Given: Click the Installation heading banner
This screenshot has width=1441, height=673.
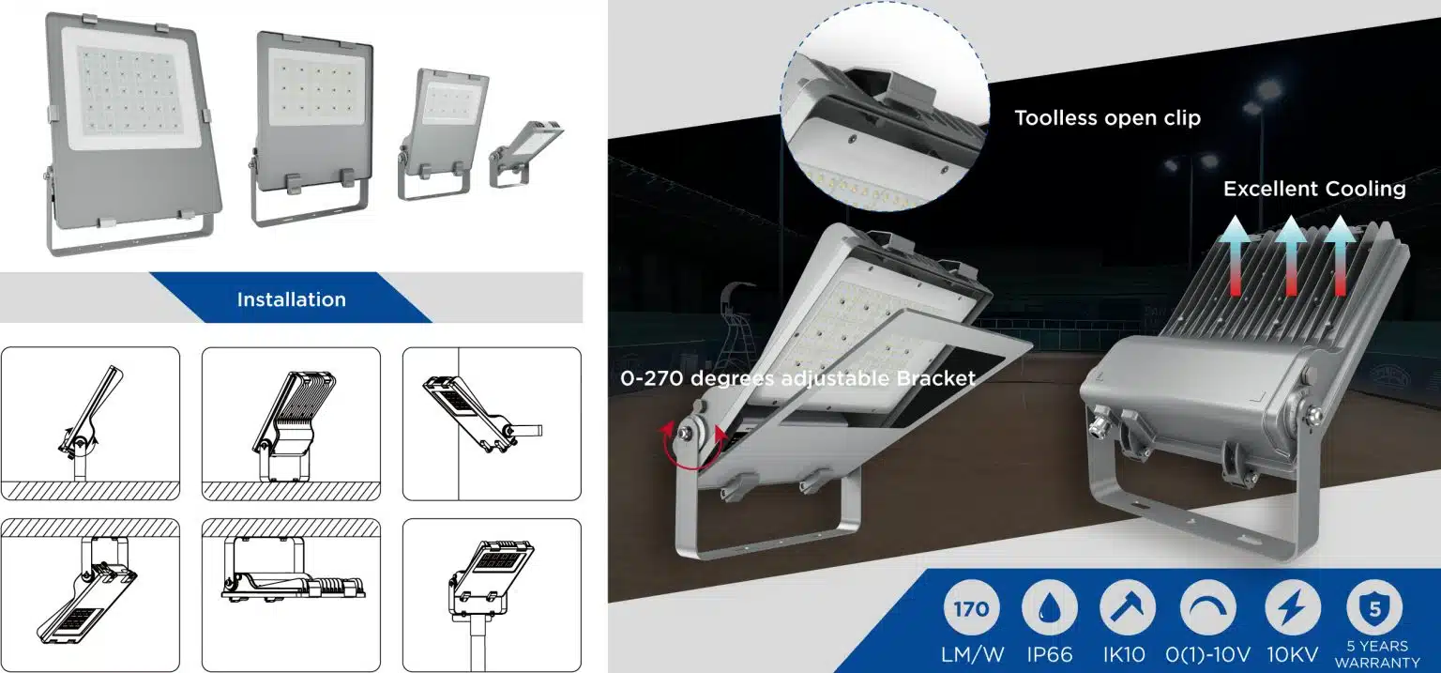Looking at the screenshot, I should (291, 299).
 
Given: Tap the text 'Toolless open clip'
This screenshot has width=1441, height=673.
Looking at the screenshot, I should (1107, 118).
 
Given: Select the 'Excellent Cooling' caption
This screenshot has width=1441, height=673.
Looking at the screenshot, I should (1313, 189).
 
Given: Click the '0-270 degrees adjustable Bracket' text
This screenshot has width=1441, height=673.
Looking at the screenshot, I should (797, 378).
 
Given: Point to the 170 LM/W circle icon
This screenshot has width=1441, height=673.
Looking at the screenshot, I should (971, 609).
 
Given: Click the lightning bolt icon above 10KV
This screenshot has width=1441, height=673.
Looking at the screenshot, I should (1293, 609).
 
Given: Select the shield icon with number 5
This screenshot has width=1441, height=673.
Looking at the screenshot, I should (1374, 609).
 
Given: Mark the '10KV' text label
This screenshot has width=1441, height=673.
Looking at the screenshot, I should (1293, 654).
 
